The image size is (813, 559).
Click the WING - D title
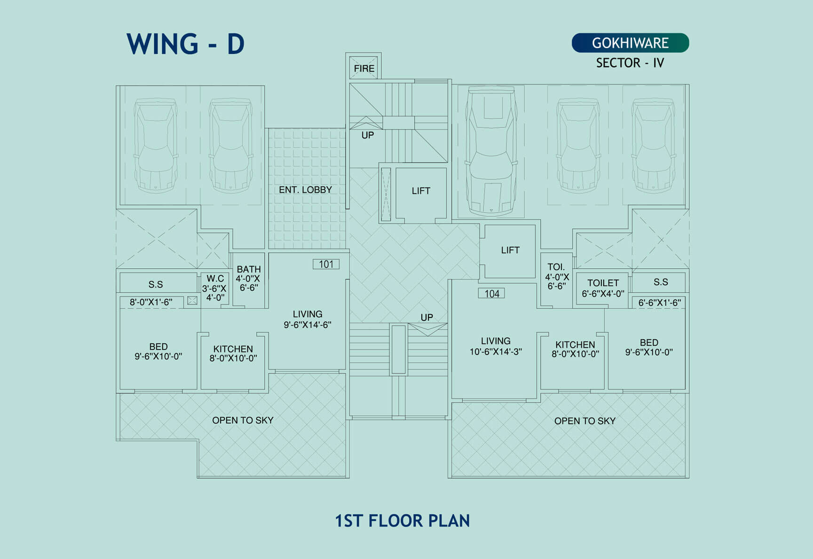click(185, 44)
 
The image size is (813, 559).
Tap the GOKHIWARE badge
click(630, 43)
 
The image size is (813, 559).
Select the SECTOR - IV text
click(630, 63)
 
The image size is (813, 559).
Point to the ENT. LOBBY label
click(305, 190)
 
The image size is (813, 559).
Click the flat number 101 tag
click(326, 264)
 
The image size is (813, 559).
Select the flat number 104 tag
click(491, 294)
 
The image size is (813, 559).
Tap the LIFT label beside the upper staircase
click(421, 191)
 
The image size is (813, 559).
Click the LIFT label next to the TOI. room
click(510, 250)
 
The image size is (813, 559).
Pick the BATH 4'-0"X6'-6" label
click(248, 278)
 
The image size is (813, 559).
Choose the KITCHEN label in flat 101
click(233, 353)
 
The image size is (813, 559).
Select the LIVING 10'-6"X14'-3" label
click(496, 346)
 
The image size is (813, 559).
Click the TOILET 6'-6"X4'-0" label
click(603, 288)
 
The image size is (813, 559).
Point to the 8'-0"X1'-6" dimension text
click(151, 302)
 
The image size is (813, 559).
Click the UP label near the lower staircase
click(427, 317)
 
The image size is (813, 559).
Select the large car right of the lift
click(491, 150)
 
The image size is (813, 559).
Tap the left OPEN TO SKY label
click(243, 420)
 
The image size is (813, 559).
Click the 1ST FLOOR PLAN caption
click(403, 520)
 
